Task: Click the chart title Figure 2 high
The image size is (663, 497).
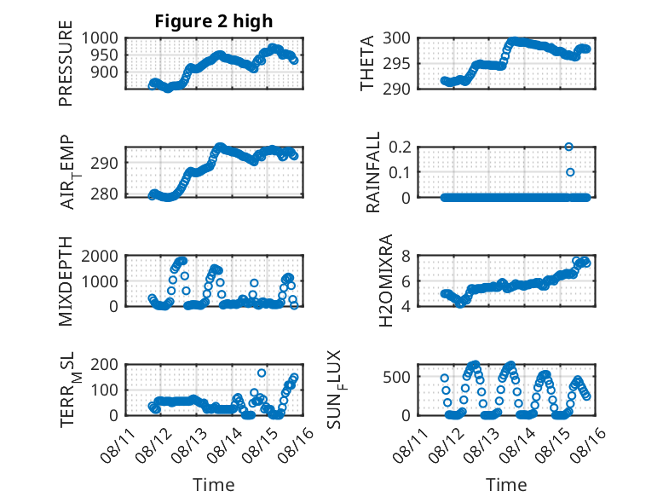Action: pos(214,21)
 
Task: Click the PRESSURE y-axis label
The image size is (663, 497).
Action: pos(66,63)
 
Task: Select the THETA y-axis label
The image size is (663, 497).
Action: pos(367,63)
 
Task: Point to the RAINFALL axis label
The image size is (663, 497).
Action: pos(373,172)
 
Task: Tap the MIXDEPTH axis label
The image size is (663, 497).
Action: pos(66,281)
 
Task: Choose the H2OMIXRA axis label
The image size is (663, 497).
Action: pos(386,280)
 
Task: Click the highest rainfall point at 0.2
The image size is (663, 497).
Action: pos(568,147)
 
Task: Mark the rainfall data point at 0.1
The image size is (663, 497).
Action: pos(570,172)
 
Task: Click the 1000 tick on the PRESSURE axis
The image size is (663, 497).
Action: pos(100,38)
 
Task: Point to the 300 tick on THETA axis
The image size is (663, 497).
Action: pos(396,38)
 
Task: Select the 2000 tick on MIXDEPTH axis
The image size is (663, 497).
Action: pos(100,256)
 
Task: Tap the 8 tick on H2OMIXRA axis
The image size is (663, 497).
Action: pos(406,256)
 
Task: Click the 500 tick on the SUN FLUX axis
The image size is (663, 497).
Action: pos(396,377)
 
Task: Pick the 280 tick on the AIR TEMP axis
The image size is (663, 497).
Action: pos(104,194)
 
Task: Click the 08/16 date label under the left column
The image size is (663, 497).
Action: pos(296,440)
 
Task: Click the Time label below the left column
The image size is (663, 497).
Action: pos(214,485)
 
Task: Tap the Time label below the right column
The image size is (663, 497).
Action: pos(506,485)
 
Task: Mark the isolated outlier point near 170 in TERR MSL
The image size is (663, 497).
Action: pos(262,373)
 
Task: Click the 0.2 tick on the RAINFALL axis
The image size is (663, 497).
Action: pos(400,147)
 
